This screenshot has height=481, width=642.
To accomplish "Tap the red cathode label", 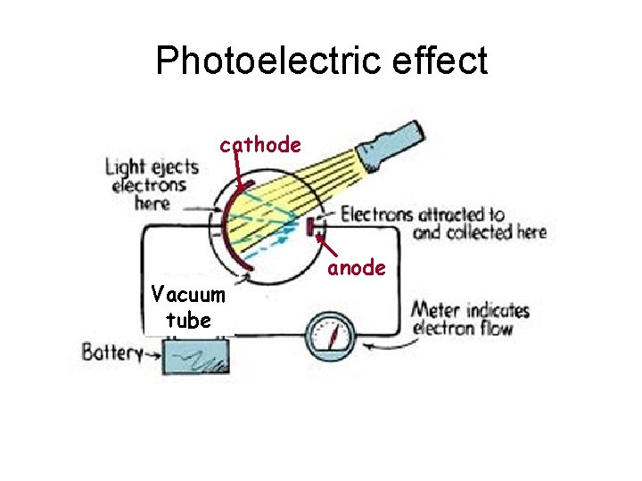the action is [260, 144].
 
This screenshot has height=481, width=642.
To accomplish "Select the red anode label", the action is [357, 267].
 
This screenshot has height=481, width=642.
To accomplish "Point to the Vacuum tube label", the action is [188, 306].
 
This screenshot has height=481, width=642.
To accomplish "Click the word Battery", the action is [111, 352].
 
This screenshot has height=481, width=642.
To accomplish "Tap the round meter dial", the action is [331, 338].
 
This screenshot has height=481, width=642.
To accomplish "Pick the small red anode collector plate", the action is [312, 228].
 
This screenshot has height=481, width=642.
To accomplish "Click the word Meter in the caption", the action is [434, 311].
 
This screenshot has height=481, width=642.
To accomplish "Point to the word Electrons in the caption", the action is [377, 214].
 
